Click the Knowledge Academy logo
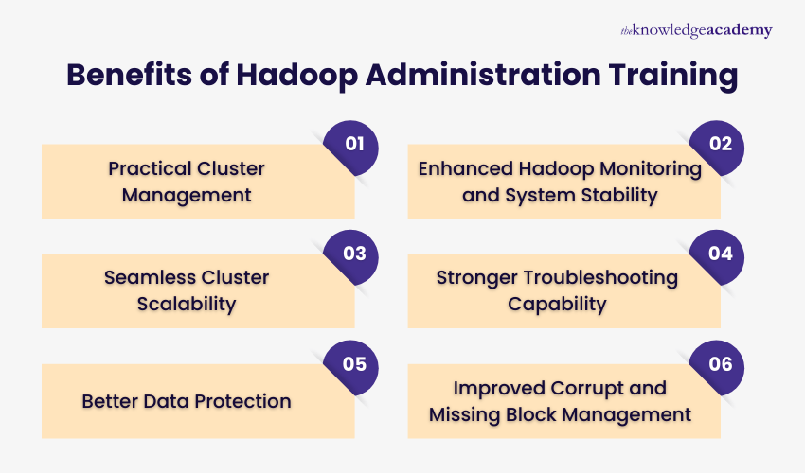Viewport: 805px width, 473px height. [696, 30]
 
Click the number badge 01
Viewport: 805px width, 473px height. [352, 146]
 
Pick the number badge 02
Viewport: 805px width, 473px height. [719, 146]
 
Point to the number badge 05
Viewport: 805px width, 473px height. [352, 364]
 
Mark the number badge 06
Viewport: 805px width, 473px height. [719, 364]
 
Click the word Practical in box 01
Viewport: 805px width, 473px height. [150, 168]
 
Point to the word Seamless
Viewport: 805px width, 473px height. [146, 278]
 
